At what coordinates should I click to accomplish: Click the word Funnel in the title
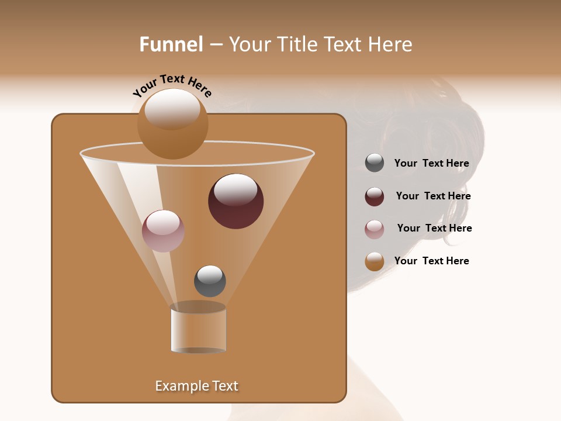click(x=171, y=44)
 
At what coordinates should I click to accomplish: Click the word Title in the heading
click(x=297, y=44)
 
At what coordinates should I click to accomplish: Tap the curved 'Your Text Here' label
click(x=172, y=86)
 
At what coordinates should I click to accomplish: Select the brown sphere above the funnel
click(x=172, y=124)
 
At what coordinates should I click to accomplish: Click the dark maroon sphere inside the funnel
click(x=236, y=202)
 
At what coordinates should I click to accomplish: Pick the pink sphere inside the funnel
click(x=163, y=231)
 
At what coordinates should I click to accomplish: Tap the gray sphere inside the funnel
click(x=210, y=281)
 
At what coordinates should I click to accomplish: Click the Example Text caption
click(x=196, y=386)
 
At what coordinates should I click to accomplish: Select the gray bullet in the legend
click(x=375, y=163)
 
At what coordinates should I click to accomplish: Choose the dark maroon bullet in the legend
click(x=375, y=196)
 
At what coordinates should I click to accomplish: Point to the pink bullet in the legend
click(x=375, y=229)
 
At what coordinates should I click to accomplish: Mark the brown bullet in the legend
click(x=375, y=261)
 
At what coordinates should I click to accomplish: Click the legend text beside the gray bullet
click(x=431, y=164)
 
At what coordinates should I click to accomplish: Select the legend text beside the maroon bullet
click(x=433, y=196)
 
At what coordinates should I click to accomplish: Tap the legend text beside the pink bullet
click(x=434, y=229)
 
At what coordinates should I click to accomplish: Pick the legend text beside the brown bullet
click(x=431, y=261)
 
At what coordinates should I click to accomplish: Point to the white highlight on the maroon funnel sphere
click(x=236, y=189)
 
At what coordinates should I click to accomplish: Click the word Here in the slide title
click(x=390, y=44)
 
